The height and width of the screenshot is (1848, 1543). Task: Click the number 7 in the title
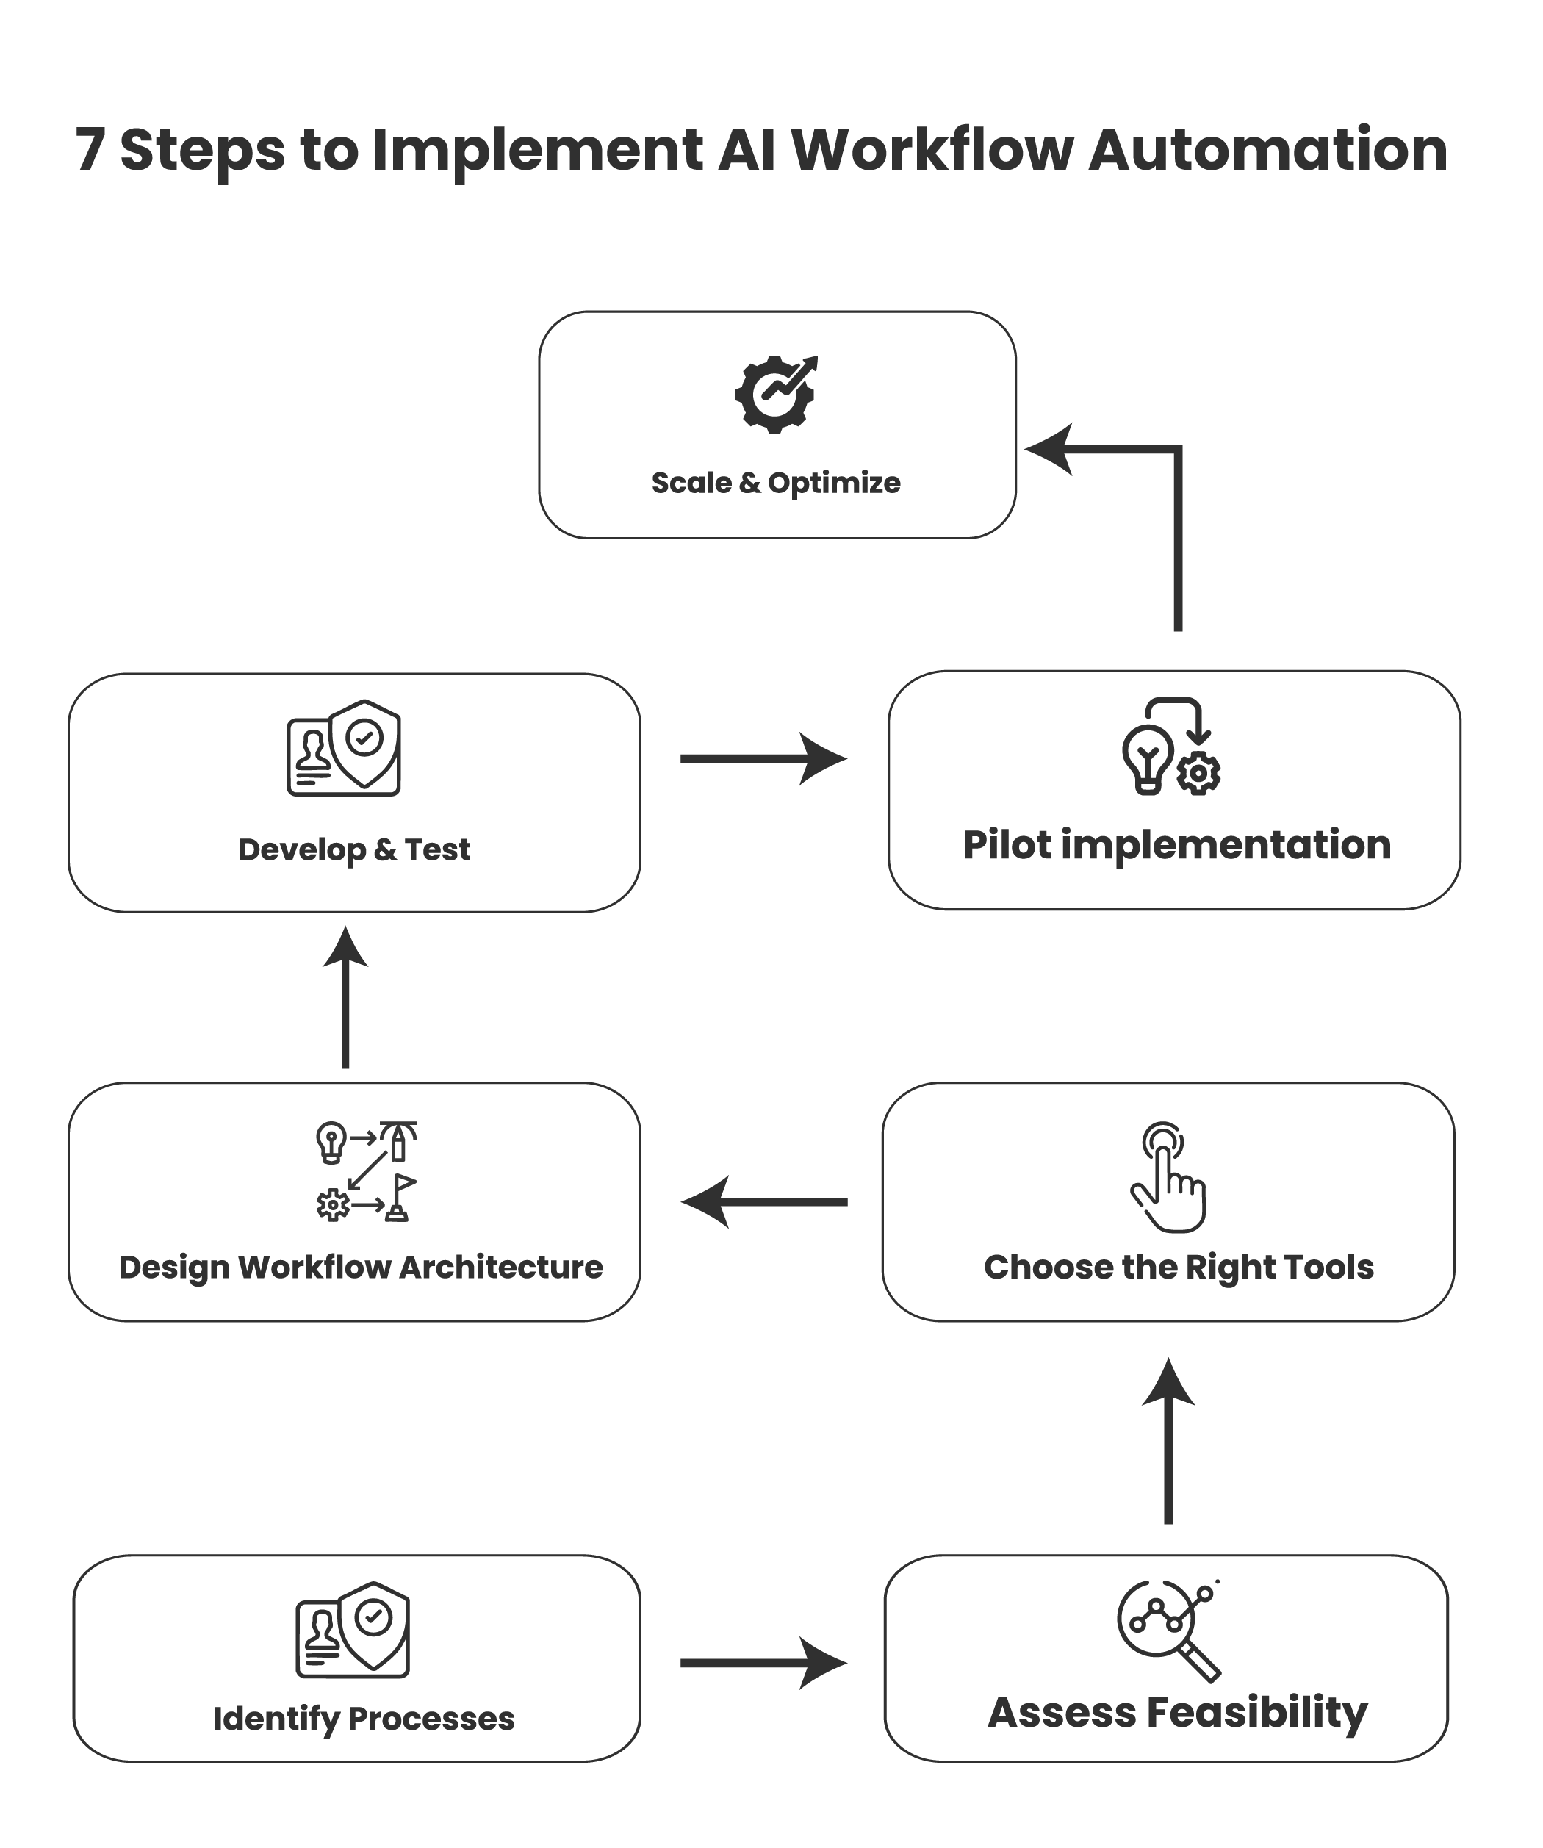pos(89,150)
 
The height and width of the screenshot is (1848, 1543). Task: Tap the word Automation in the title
pos(1267,150)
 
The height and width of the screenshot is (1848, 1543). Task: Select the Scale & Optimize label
pos(775,482)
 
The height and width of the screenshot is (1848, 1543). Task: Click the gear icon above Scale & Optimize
pos(775,395)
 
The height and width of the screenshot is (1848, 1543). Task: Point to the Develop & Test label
pos(354,849)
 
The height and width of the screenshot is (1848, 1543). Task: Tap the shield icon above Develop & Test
pos(344,748)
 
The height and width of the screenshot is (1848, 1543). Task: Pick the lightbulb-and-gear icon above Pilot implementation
pos(1170,747)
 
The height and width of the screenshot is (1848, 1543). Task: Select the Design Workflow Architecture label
pos(361,1268)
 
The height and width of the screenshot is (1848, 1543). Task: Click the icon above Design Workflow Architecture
pos(366,1171)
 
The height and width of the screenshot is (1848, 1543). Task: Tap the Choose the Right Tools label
pos(1179,1268)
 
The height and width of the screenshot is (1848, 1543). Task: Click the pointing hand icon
pos(1168,1176)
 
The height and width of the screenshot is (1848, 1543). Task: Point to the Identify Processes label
pos(364,1718)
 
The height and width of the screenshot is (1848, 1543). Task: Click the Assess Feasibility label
pos(1177,1713)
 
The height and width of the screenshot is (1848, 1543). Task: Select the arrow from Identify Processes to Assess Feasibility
pos(762,1664)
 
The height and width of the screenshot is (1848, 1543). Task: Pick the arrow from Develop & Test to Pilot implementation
pos(762,758)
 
